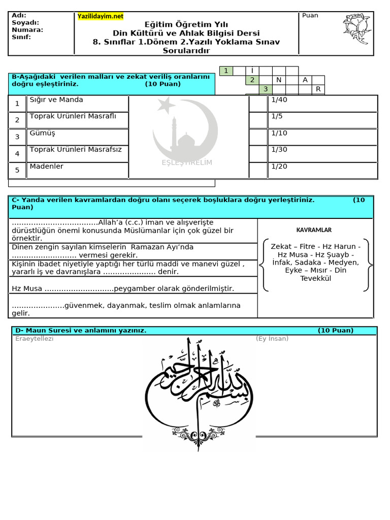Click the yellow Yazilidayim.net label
[x=101, y=16]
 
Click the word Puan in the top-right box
[x=310, y=15]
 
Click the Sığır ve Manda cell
[x=77, y=103]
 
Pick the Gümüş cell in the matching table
[x=77, y=137]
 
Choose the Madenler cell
[x=77, y=170]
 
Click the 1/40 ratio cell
[x=323, y=103]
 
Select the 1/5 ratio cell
[x=323, y=120]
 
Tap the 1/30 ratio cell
[x=323, y=153]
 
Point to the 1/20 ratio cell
[x=323, y=170]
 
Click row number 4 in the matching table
[x=17, y=153]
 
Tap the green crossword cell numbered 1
[x=226, y=71]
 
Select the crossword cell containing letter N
[x=278, y=80]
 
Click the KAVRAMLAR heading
[x=314, y=230]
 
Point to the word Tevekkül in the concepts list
[x=315, y=278]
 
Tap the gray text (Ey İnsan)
[x=272, y=339]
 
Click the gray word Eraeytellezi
[x=34, y=339]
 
